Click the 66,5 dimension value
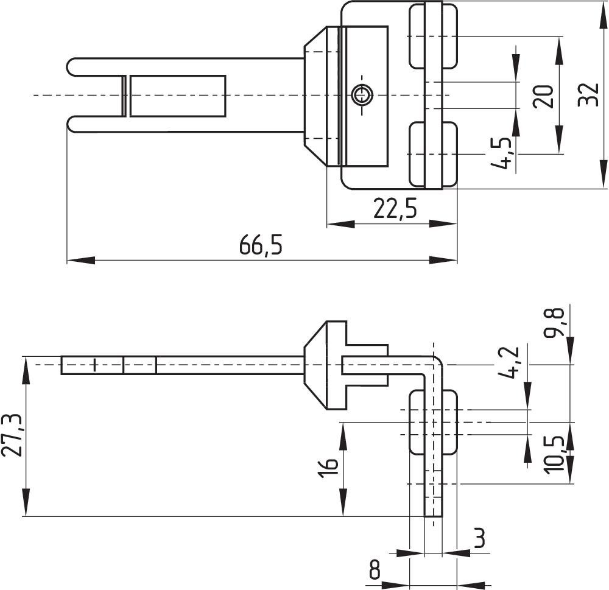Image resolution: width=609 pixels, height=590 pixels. click(261, 245)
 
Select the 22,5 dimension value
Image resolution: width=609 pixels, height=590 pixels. click(395, 209)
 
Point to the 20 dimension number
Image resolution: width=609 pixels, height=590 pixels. click(543, 96)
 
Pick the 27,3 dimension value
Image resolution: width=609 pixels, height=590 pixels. click(12, 435)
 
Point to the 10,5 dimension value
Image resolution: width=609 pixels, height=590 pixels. click(555, 454)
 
